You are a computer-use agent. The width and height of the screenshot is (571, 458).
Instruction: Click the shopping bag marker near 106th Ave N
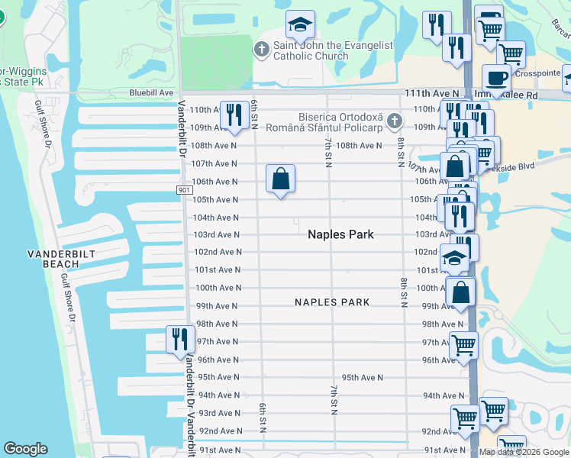tap(281, 179)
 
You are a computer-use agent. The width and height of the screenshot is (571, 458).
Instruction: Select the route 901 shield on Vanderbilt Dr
tap(182, 190)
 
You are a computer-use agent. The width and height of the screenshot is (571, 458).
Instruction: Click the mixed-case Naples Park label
tap(340, 234)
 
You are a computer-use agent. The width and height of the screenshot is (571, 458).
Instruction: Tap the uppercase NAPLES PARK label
tap(332, 302)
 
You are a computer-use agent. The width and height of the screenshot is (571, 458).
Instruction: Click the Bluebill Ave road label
tap(151, 92)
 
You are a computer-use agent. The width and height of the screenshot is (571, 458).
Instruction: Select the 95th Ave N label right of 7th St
tap(362, 377)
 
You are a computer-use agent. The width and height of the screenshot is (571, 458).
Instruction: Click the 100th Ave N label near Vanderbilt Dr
tap(218, 288)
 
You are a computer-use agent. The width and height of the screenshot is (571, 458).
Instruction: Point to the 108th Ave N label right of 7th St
tap(359, 145)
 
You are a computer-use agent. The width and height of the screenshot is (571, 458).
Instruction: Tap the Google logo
tap(25, 449)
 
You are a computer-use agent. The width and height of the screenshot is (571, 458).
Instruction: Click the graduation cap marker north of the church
tap(300, 25)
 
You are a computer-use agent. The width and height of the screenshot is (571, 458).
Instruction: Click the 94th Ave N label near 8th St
tap(444, 395)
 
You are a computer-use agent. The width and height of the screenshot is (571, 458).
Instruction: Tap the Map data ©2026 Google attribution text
tap(524, 452)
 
